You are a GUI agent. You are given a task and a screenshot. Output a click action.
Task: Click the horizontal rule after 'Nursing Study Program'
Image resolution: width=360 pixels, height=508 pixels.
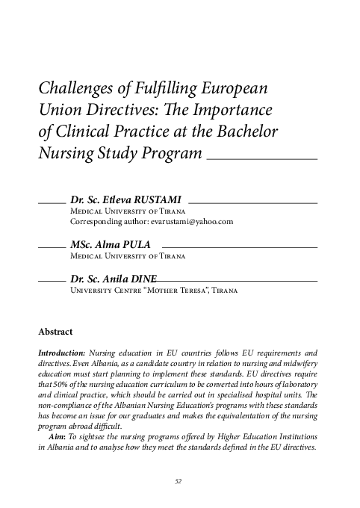coord(261,159)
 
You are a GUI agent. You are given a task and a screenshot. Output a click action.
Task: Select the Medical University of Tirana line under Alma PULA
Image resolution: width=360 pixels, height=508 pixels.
coord(127,255)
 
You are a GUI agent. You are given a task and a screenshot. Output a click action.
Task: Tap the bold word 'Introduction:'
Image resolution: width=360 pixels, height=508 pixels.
coord(60,352)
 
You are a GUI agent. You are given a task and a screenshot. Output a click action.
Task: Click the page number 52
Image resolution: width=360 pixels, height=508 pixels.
coord(179,482)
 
